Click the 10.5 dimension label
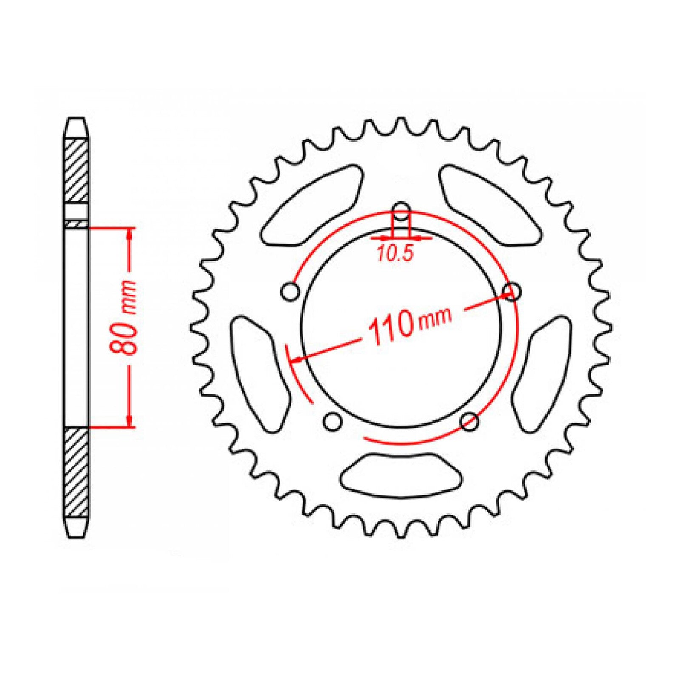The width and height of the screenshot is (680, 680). point(395,254)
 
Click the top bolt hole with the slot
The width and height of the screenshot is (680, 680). point(400,212)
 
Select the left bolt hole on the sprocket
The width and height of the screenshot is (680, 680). point(290,292)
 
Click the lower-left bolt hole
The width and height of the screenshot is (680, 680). point(332,421)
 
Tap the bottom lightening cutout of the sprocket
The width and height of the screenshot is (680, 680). point(401,475)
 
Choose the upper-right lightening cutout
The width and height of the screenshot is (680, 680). point(490,206)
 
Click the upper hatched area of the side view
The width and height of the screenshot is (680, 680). point(76,170)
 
